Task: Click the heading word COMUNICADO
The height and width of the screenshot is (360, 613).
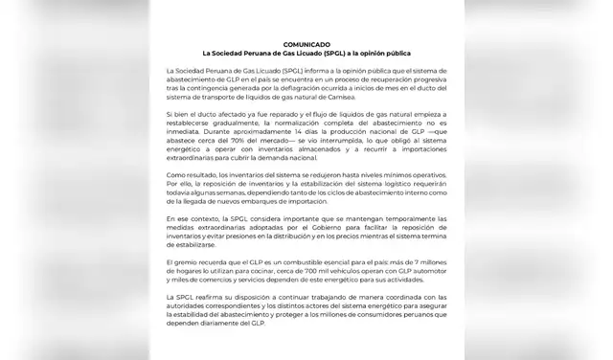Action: pos(306,44)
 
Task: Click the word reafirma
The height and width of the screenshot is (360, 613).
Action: pos(212,297)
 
